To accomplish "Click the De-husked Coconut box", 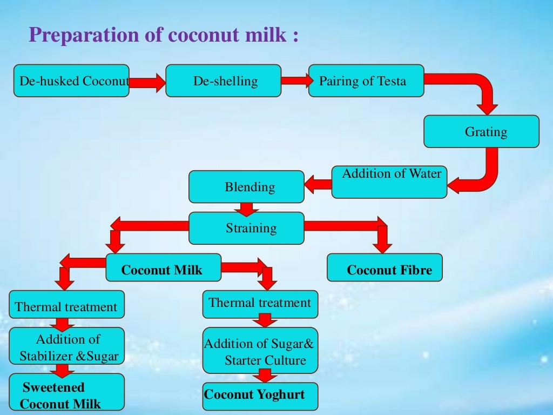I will [x=71, y=81].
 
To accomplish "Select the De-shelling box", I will [x=223, y=81].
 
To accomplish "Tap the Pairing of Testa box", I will [x=366, y=81].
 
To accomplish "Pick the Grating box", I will [x=481, y=131].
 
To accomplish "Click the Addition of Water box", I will [x=389, y=182].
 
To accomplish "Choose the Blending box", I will [x=246, y=187].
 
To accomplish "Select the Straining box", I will [x=246, y=228].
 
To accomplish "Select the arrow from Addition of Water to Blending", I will [x=319, y=185].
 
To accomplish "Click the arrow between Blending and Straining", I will [x=246, y=208].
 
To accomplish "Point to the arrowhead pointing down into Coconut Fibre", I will [x=383, y=246].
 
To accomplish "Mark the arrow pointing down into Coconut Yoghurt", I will [x=264, y=376].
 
